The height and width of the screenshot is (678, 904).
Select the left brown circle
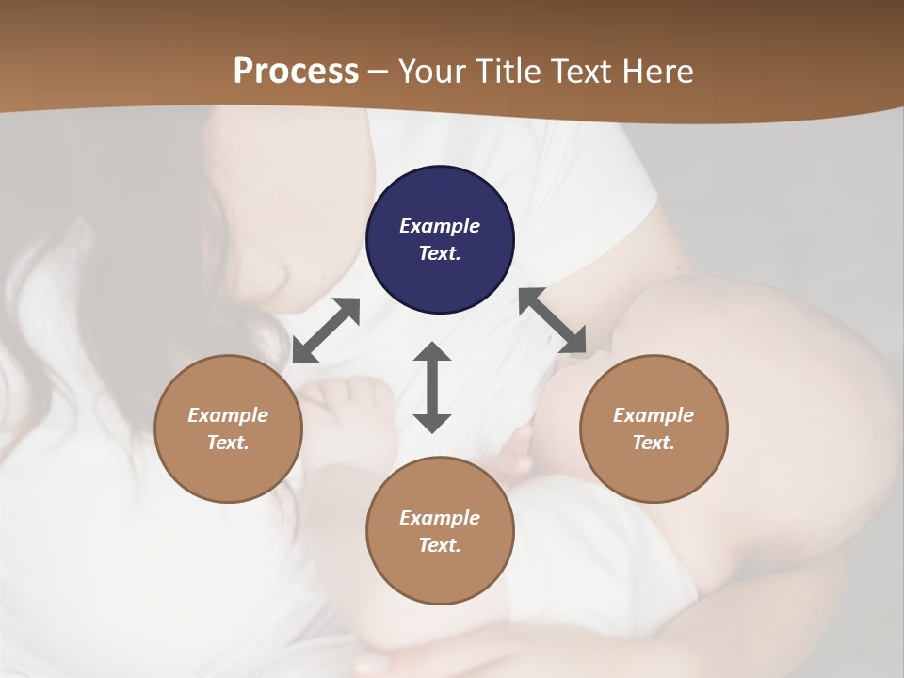click(x=228, y=428)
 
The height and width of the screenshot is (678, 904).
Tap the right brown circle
click(x=654, y=428)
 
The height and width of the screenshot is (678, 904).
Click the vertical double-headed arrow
click(x=432, y=387)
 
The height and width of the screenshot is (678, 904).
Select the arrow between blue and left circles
click(x=326, y=331)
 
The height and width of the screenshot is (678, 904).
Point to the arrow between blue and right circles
click(x=553, y=321)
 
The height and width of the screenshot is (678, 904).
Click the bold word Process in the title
click(x=296, y=71)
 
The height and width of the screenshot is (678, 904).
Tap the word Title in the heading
click(x=510, y=71)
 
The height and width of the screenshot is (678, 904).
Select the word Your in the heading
click(x=433, y=71)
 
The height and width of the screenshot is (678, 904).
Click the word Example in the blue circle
click(x=440, y=226)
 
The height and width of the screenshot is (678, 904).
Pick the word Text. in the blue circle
click(x=440, y=253)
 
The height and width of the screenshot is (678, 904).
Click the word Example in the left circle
click(x=228, y=415)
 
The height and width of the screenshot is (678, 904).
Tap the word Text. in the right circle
click(x=654, y=443)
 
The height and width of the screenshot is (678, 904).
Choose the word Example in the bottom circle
click(x=440, y=518)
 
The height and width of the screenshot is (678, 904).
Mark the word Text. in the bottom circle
click(x=440, y=545)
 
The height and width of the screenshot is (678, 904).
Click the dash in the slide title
click(x=379, y=72)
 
